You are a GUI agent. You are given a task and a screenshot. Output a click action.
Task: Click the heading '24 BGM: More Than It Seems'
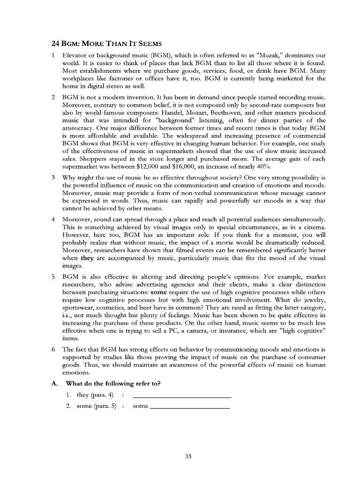click(106, 44)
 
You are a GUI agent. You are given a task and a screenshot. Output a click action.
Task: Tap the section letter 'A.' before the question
click(54, 383)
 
